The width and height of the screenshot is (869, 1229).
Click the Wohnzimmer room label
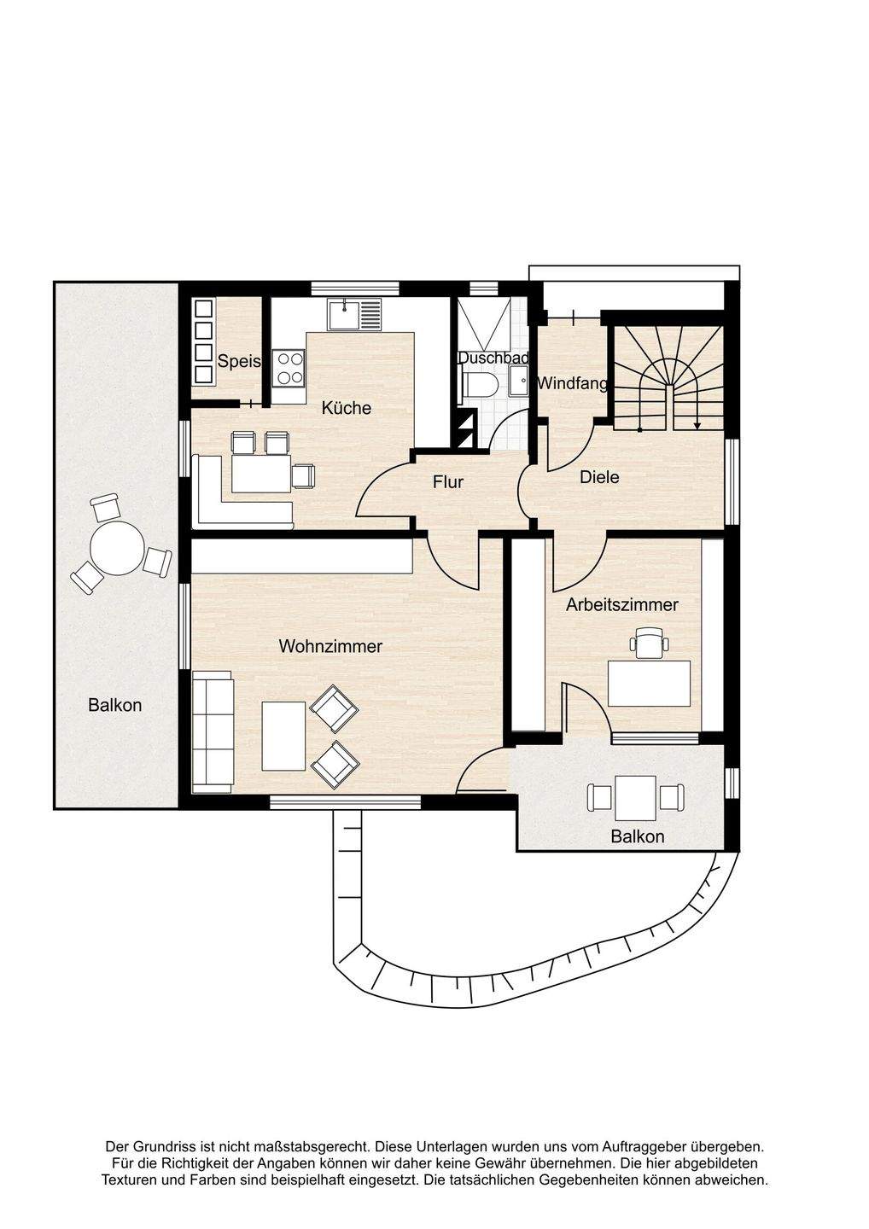click(x=330, y=646)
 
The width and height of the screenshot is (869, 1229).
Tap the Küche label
click(x=347, y=408)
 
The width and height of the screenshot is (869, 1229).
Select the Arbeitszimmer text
click(x=622, y=604)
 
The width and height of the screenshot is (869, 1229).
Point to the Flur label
click(x=448, y=481)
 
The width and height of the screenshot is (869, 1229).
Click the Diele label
click(x=599, y=477)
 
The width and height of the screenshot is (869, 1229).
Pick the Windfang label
click(x=572, y=383)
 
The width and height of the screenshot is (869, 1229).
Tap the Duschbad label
click(x=493, y=358)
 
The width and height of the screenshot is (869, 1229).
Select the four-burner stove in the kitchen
click(x=289, y=368)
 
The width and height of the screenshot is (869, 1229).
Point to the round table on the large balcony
click(x=117, y=548)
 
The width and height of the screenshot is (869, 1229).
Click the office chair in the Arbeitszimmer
click(x=649, y=643)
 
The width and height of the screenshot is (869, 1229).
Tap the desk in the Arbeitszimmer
click(x=649, y=683)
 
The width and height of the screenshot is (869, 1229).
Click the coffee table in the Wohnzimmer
click(x=283, y=736)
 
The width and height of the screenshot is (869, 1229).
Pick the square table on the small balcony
click(x=635, y=798)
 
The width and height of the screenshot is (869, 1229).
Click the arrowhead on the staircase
click(x=697, y=424)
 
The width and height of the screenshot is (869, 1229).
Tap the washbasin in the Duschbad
click(x=518, y=381)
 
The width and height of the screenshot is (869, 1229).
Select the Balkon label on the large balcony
click(x=115, y=704)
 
